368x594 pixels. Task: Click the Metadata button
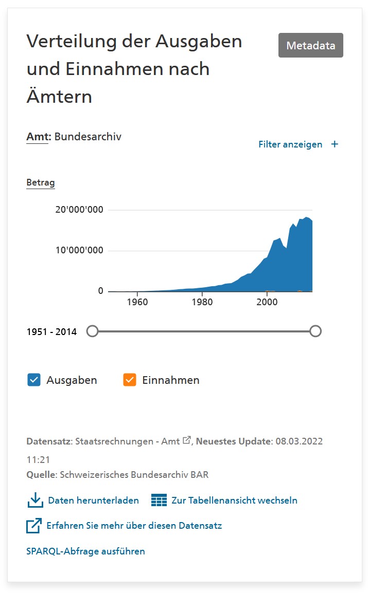(x=310, y=45)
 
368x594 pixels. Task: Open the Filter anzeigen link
(x=290, y=144)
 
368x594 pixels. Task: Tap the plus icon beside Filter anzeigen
(x=335, y=144)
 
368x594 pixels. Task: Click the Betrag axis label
(x=41, y=182)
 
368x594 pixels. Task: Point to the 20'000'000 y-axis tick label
(x=80, y=210)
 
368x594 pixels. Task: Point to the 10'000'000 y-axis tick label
(x=80, y=250)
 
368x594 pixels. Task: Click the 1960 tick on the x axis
(x=137, y=302)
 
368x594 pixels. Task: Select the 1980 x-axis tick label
(x=202, y=302)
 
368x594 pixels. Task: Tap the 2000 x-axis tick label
(x=267, y=302)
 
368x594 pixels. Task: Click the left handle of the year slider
(x=92, y=331)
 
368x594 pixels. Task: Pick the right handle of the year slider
(x=316, y=331)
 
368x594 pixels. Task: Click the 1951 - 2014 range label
(x=51, y=332)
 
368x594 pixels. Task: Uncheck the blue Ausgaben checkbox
(x=34, y=380)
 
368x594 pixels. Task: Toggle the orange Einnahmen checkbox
(x=130, y=380)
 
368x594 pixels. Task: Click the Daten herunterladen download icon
(x=34, y=500)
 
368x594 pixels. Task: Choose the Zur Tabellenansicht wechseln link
(x=234, y=500)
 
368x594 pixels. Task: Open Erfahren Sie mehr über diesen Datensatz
(x=134, y=526)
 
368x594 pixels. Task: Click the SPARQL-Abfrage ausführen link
(x=85, y=551)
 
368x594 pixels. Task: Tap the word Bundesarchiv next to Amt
(x=87, y=137)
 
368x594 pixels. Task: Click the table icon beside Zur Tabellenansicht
(x=159, y=500)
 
